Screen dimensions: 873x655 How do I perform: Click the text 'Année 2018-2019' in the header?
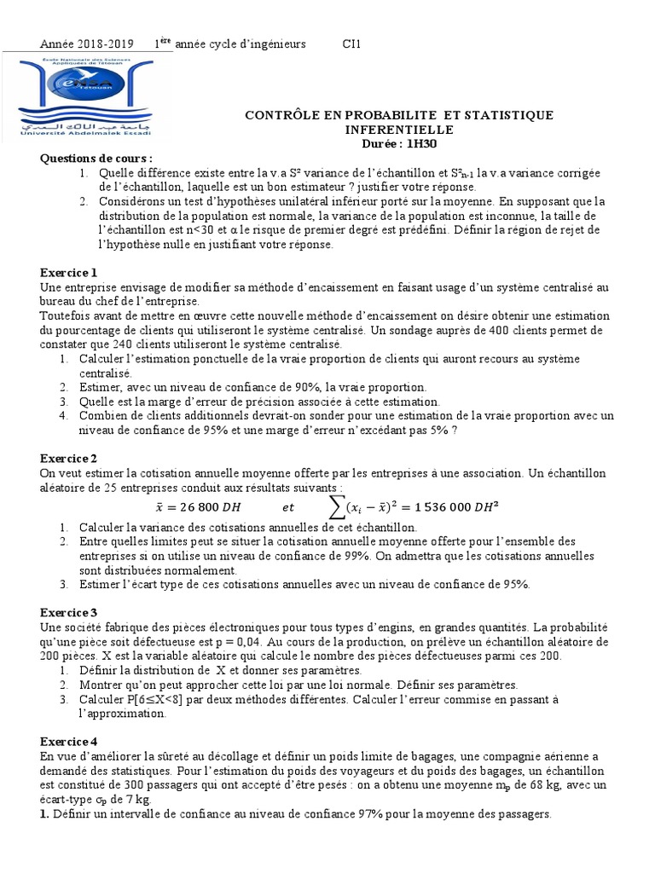pos(88,44)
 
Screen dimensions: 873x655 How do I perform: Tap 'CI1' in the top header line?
pos(351,44)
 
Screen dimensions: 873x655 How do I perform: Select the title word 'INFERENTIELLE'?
pos(399,130)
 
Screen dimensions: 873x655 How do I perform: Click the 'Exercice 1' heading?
pos(69,273)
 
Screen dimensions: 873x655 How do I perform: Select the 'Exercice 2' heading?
pos(69,459)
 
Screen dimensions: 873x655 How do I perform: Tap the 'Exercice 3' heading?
pos(69,612)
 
